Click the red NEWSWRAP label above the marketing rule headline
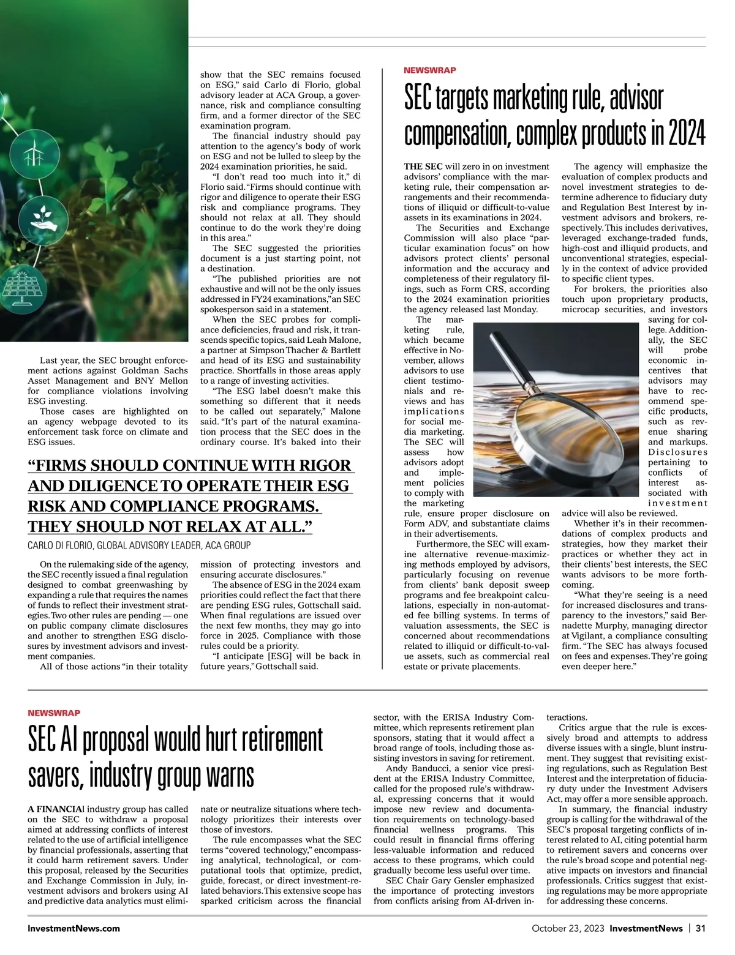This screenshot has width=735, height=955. click(429, 70)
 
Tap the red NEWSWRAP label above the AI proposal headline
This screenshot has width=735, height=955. click(54, 713)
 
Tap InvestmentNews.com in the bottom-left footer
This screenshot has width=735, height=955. click(73, 928)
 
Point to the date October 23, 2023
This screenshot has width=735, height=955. click(568, 928)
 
